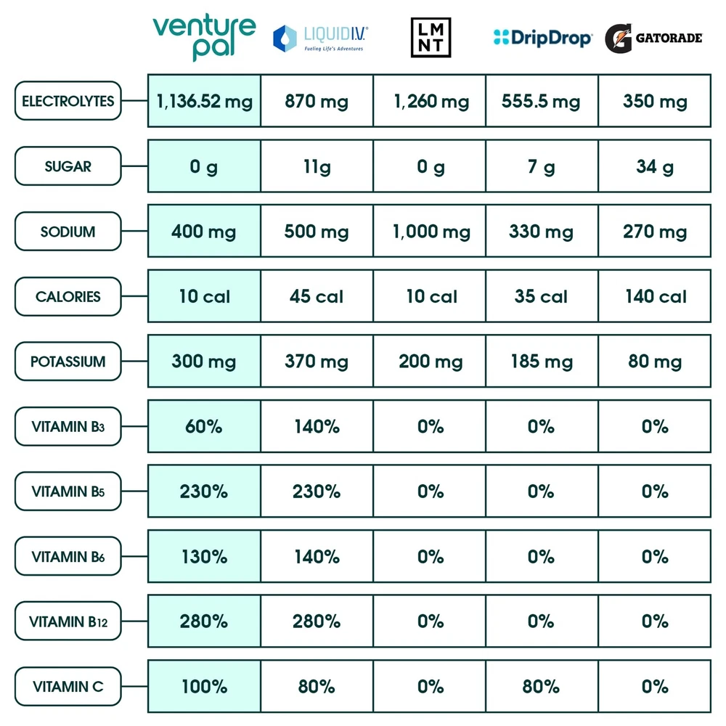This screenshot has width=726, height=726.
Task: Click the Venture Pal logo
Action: (204, 38)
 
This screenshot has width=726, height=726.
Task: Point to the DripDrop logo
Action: (542, 37)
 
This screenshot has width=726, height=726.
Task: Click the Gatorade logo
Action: (655, 37)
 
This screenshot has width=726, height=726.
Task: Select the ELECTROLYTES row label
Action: (68, 101)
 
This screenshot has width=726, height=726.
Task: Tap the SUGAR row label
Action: (68, 166)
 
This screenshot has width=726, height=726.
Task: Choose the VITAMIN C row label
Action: (68, 687)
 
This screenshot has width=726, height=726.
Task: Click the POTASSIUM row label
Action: (68, 362)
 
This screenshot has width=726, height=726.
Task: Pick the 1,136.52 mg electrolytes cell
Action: (204, 101)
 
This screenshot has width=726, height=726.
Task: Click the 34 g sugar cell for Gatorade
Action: (654, 166)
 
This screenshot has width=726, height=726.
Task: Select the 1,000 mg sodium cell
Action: (430, 232)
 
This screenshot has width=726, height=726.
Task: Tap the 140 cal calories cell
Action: (654, 296)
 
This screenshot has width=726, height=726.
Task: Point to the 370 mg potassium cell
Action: (317, 362)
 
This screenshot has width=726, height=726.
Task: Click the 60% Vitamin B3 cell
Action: (204, 426)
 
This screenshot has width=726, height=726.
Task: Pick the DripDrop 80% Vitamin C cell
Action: (542, 687)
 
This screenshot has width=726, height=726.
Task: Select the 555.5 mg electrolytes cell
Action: (542, 101)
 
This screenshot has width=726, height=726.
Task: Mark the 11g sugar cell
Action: (317, 166)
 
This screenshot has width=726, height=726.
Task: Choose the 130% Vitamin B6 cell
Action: (204, 557)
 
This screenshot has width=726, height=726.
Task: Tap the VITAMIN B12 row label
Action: (68, 621)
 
